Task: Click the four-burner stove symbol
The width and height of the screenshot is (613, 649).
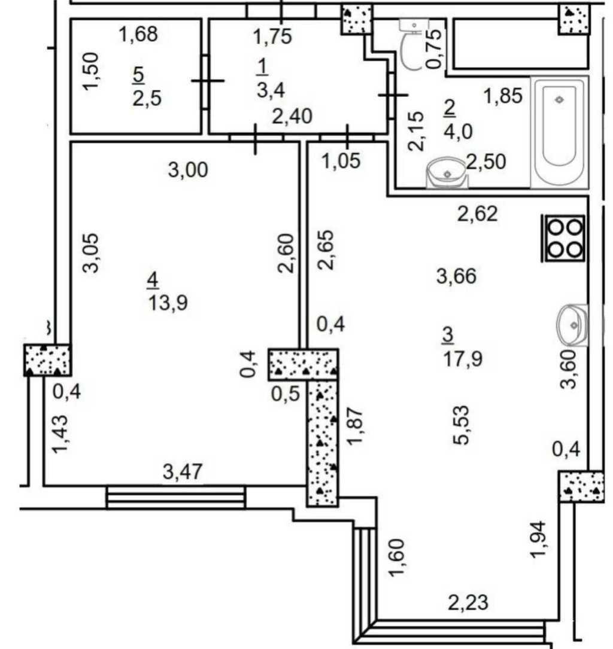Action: pos(565,237)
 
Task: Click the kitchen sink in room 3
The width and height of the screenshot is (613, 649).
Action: pos(572,325)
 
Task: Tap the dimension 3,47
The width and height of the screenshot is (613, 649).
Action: pos(183,472)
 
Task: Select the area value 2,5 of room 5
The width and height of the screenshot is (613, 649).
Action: pos(147,97)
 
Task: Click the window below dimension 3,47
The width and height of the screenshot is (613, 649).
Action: pos(176,497)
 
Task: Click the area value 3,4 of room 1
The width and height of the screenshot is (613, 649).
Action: pos(271,90)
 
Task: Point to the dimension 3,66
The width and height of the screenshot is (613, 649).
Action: pos(456,276)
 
